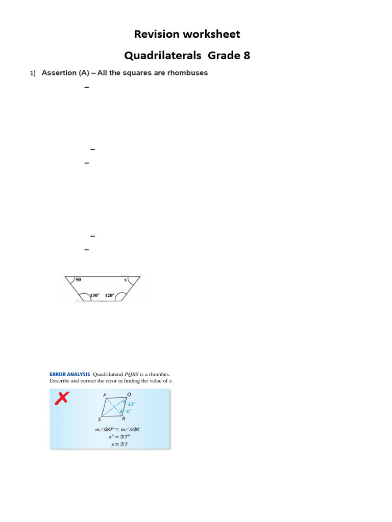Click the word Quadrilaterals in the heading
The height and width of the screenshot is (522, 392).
[x=162, y=56]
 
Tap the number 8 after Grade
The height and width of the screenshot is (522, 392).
[x=247, y=56]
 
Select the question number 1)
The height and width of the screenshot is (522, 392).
[x=33, y=73]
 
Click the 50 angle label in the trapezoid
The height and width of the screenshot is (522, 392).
[x=78, y=280]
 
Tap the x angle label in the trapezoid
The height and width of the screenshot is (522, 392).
[x=125, y=280]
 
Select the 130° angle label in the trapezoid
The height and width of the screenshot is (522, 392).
[x=94, y=295]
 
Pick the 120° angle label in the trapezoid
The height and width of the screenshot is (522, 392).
[x=110, y=295]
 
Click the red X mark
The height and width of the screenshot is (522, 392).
[x=62, y=400]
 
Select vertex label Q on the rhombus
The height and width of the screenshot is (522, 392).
[x=129, y=394]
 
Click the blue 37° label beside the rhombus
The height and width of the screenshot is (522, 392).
[x=131, y=404]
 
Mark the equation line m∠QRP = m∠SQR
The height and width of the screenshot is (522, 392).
[x=117, y=429]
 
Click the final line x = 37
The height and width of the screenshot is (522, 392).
[x=119, y=444]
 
